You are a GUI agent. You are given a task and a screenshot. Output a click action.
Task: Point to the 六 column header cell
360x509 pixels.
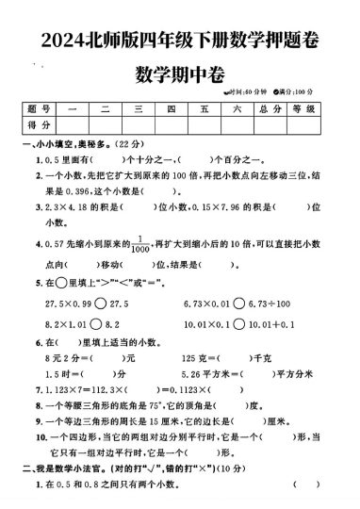point(237,109)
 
